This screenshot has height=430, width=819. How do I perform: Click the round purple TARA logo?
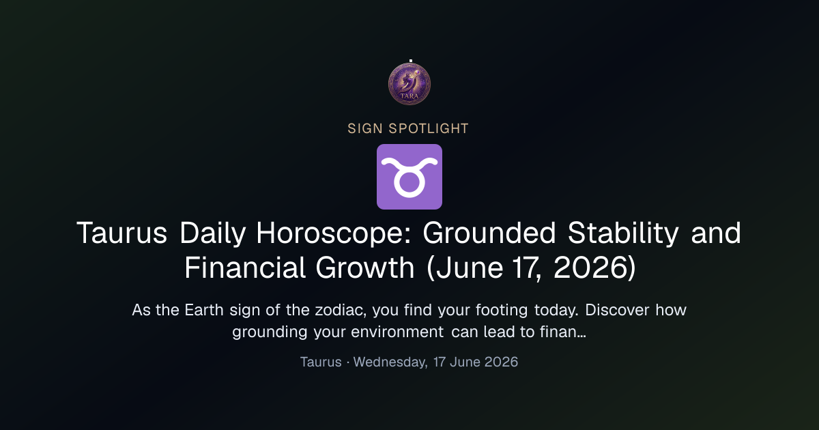[409, 84]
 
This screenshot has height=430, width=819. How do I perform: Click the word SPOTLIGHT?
[429, 129]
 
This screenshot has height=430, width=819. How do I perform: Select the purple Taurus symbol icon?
[409, 177]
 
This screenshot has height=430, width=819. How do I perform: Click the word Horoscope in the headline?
[334, 233]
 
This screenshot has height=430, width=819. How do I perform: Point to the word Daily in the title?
[212, 233]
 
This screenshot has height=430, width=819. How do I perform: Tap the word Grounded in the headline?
[489, 233]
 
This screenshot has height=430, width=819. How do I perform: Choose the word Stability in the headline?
[623, 233]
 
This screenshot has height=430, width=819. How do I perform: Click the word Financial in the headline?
[244, 268]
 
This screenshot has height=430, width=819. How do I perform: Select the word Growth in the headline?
[365, 268]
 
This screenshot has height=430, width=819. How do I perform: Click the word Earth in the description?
[203, 310]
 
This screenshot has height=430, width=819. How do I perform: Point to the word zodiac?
[341, 311]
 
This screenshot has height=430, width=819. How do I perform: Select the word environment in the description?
[397, 332]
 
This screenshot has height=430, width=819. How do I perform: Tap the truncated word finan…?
[564, 332]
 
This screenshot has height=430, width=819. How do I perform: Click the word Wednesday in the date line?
[390, 362]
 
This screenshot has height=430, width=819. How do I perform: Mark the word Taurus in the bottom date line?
[321, 362]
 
